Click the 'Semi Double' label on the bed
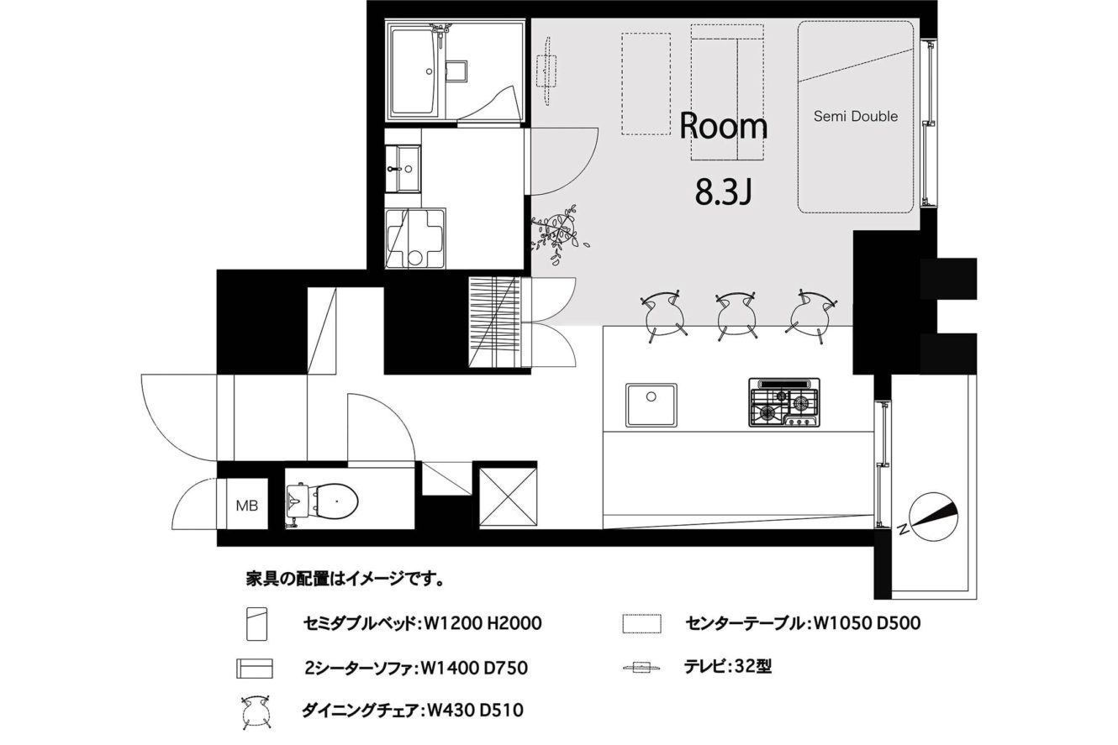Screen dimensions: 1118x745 point(856,116)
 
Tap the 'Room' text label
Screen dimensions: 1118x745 point(723,127)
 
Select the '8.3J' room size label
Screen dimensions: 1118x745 point(724,192)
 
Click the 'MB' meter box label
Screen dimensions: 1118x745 point(247,506)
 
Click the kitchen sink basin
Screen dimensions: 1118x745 point(651,405)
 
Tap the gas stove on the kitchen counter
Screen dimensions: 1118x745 point(784,402)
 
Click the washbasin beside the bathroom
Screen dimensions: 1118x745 point(403,169)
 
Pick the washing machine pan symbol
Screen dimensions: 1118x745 point(414,239)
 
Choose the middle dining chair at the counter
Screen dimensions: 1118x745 point(736,315)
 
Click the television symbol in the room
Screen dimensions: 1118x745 point(546,71)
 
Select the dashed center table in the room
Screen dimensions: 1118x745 point(646,84)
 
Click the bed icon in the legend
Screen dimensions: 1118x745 point(256,623)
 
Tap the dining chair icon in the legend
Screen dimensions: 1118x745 point(256,712)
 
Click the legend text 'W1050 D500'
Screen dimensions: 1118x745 point(867,623)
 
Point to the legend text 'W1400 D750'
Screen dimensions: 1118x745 point(474,668)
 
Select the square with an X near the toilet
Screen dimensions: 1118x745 point(508,496)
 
